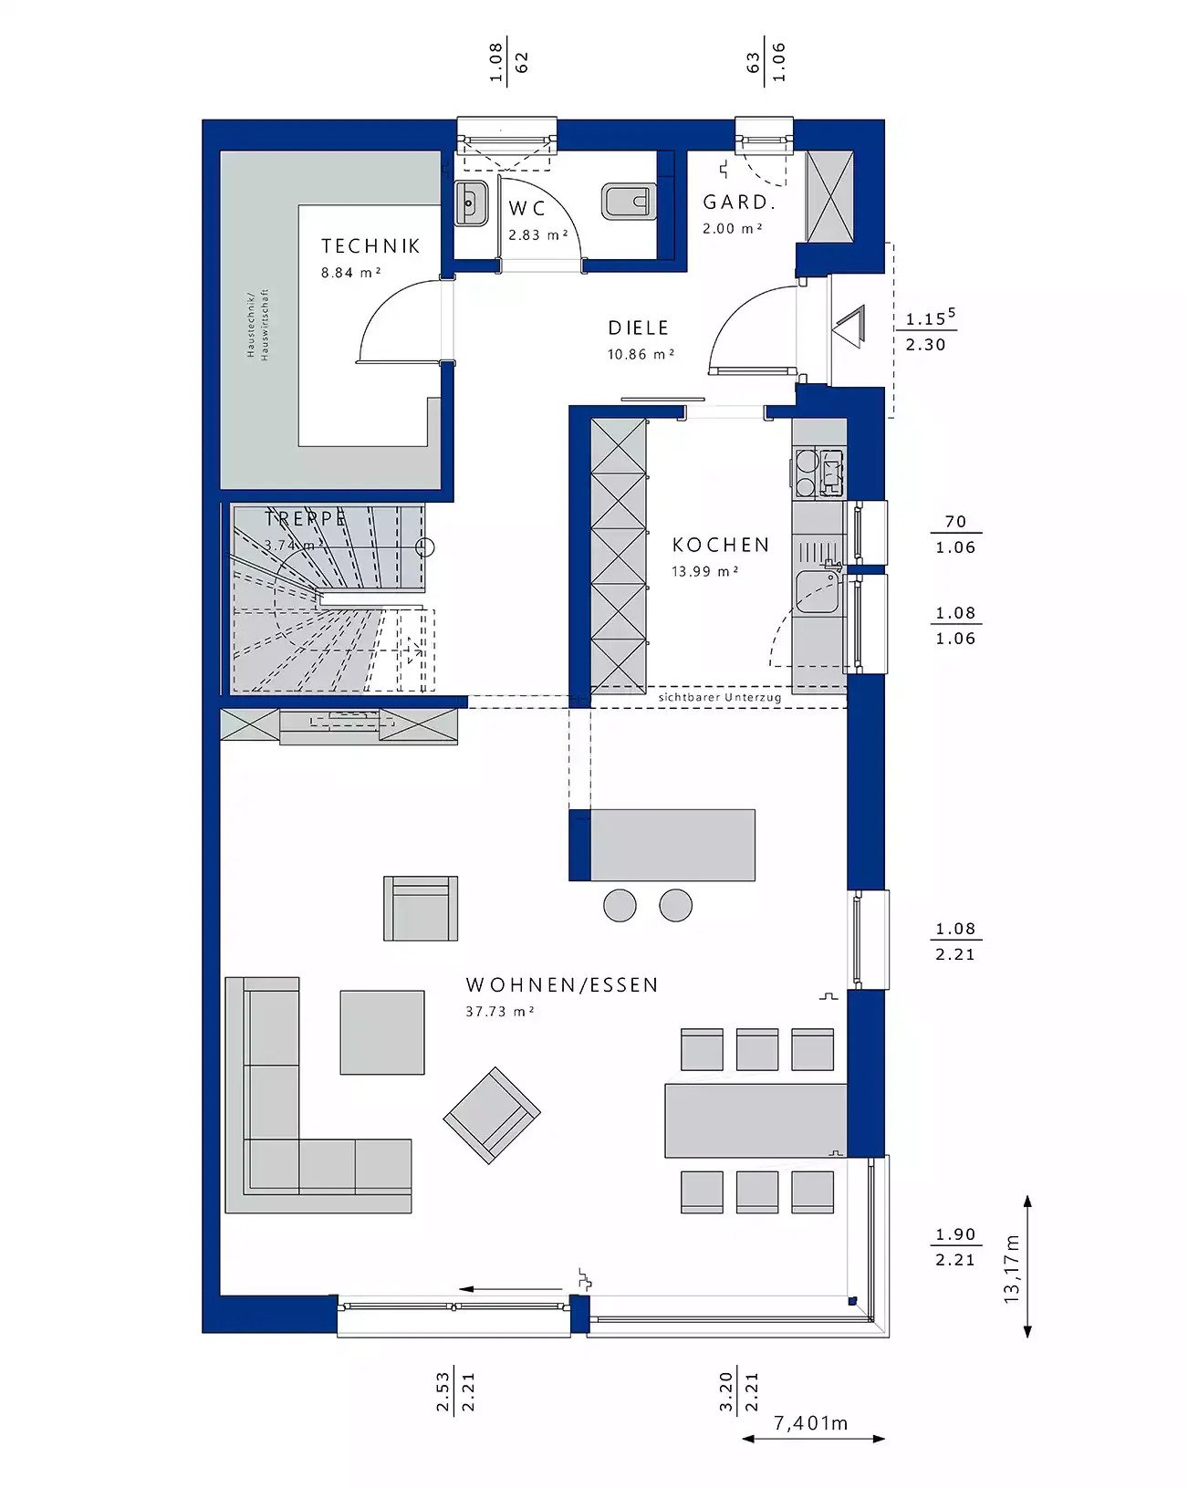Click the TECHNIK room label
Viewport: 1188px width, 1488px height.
coord(370,245)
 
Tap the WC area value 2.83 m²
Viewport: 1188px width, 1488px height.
coord(537,234)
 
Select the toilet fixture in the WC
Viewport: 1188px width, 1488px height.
coord(628,202)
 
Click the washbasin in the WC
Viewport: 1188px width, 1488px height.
coord(471,203)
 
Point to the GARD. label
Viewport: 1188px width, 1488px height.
coord(738,203)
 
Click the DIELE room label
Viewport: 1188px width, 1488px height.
coord(638,328)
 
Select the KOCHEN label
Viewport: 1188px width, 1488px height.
coord(720,545)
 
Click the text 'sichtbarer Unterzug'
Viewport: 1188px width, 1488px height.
coord(719,697)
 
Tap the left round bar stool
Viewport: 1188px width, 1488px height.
coord(620,905)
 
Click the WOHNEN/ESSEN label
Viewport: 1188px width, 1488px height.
coord(561,985)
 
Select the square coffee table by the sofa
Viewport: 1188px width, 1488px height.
coord(381,1032)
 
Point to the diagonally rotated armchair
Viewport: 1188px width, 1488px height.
coord(491,1115)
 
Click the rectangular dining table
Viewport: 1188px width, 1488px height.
coord(754,1120)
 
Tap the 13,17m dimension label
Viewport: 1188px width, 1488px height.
coord(1012,1268)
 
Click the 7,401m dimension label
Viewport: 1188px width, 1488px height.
coord(810,1422)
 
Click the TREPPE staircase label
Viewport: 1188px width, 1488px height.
coord(305,519)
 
